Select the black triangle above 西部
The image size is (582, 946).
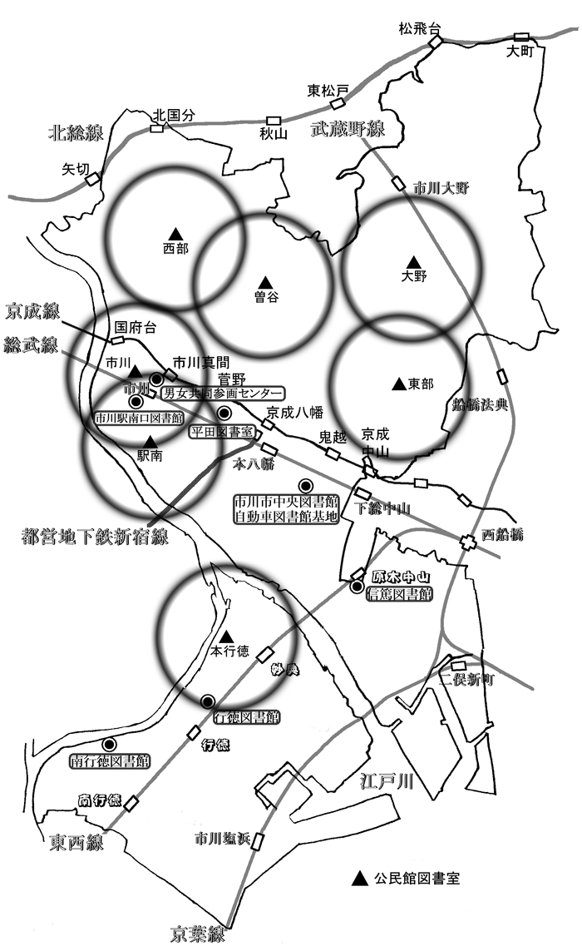[x=175, y=233]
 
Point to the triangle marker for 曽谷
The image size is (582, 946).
[x=264, y=280]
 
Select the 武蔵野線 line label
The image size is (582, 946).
[x=348, y=129]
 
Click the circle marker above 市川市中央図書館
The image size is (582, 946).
[x=305, y=485]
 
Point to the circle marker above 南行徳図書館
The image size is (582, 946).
[x=109, y=744]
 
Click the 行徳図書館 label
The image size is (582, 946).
[x=246, y=716]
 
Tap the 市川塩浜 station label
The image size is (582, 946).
[x=220, y=838]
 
